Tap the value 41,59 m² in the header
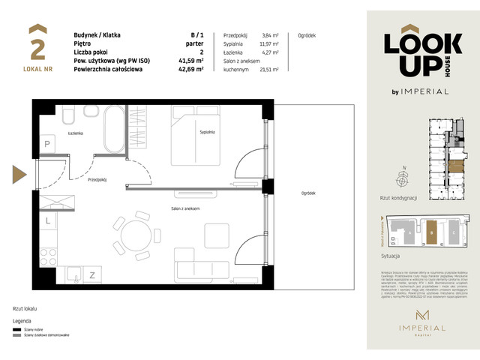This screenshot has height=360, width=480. pos(190,60)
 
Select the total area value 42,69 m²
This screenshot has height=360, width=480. pos(190,69)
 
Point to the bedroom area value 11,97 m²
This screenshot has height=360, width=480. pos(268,43)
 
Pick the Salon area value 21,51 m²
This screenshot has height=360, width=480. pos(268,69)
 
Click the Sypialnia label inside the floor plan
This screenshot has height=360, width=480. pos(208,132)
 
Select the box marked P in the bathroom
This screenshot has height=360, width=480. pos(46,144)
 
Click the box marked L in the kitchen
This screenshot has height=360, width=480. pos(47,221)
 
